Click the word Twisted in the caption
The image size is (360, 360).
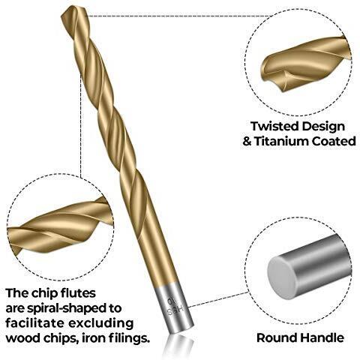(274, 127)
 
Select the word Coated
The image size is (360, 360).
(334, 141)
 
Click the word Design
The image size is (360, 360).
(322, 127)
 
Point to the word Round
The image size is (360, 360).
(277, 337)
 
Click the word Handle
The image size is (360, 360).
(322, 337)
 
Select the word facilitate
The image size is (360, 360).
(34, 323)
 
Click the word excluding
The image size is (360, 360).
(100, 324)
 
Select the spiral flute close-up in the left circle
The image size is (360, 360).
(60, 226)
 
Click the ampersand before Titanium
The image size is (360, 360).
(247, 142)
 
